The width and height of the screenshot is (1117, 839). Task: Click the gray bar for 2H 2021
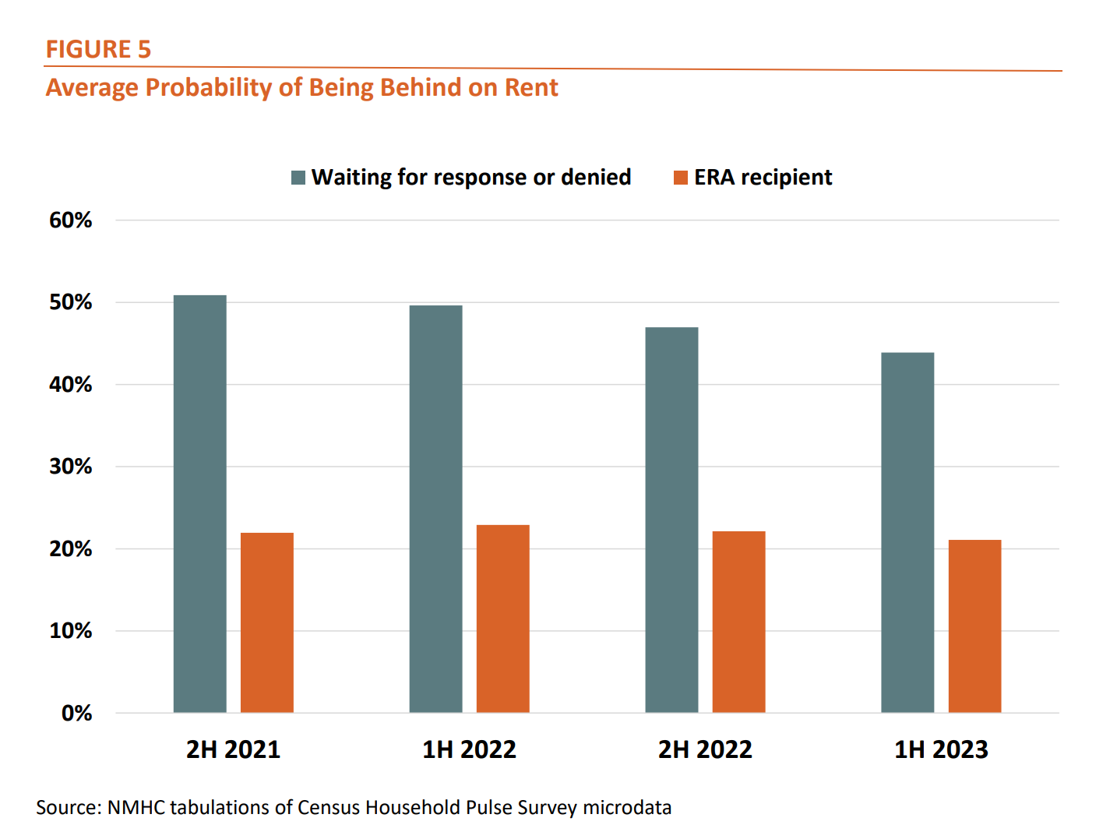point(200,503)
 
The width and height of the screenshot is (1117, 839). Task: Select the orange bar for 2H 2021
point(267,622)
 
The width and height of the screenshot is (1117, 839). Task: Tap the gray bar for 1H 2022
point(435,509)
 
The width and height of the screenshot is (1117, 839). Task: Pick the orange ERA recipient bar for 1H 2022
point(503,619)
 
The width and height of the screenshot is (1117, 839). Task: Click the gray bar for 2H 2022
point(671,520)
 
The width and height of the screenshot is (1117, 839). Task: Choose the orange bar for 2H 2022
point(739,622)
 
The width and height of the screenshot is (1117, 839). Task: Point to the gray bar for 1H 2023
point(907,532)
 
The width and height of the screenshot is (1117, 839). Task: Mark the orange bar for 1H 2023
point(974,626)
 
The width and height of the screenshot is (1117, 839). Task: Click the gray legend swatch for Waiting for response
point(298,178)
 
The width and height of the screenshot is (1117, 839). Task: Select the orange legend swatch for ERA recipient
point(681,178)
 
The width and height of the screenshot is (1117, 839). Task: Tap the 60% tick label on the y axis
point(71,220)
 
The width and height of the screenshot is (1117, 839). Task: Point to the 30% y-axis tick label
point(71,467)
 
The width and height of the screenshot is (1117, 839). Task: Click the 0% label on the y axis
point(77,713)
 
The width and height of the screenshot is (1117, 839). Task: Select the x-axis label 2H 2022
point(705,749)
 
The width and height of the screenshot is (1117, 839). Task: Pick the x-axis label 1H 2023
point(941,749)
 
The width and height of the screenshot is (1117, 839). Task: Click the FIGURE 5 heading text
point(98,49)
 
